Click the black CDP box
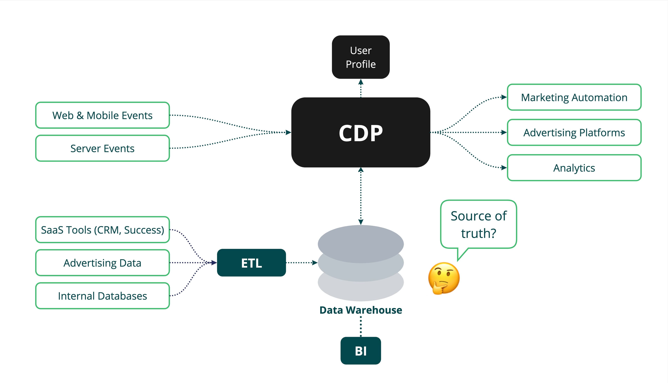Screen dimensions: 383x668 click(361, 132)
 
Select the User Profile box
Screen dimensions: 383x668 click(361, 57)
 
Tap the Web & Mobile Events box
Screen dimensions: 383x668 click(102, 115)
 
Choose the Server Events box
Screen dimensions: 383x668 click(102, 148)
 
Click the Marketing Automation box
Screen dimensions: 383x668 click(574, 97)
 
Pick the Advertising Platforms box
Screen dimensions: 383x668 click(574, 133)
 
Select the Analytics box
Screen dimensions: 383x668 click(574, 168)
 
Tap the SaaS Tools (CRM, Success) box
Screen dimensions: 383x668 click(102, 230)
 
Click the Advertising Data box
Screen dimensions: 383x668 click(102, 263)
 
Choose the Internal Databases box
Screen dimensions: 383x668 click(102, 296)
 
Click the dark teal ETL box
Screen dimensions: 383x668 click(251, 263)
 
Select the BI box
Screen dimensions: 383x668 click(361, 351)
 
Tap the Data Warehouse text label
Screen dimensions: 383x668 click(361, 310)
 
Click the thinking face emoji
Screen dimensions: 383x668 click(444, 278)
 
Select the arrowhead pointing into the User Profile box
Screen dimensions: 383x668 click(361, 82)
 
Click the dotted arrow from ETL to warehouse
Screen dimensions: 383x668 click(301, 263)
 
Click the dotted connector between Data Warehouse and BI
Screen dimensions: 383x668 click(361, 326)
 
